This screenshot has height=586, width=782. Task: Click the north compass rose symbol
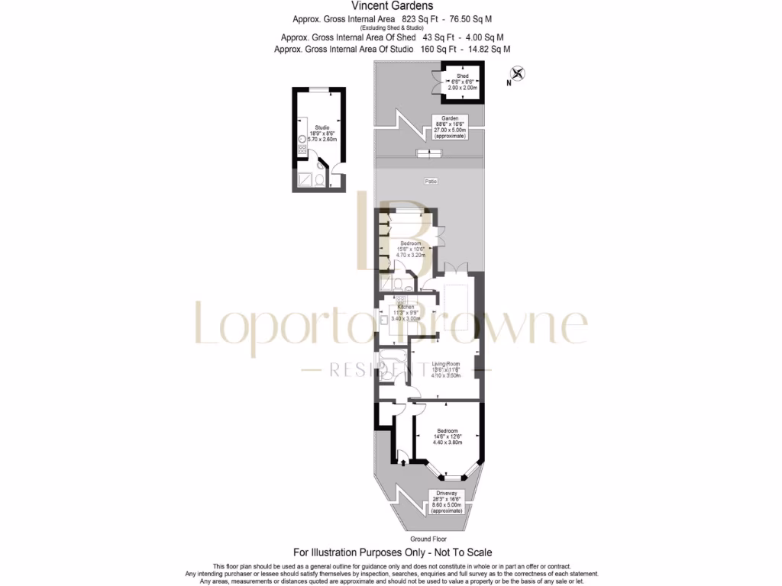pyautogui.click(x=518, y=75)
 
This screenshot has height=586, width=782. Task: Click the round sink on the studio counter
pyautogui.click(x=302, y=140)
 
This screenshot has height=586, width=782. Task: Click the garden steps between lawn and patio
pyautogui.click(x=428, y=154)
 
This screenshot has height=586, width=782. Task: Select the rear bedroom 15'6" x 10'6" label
pyautogui.click(x=411, y=249)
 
